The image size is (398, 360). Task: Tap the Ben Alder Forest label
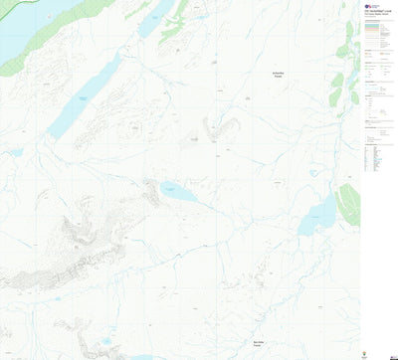262,339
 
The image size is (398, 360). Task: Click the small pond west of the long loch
14,152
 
